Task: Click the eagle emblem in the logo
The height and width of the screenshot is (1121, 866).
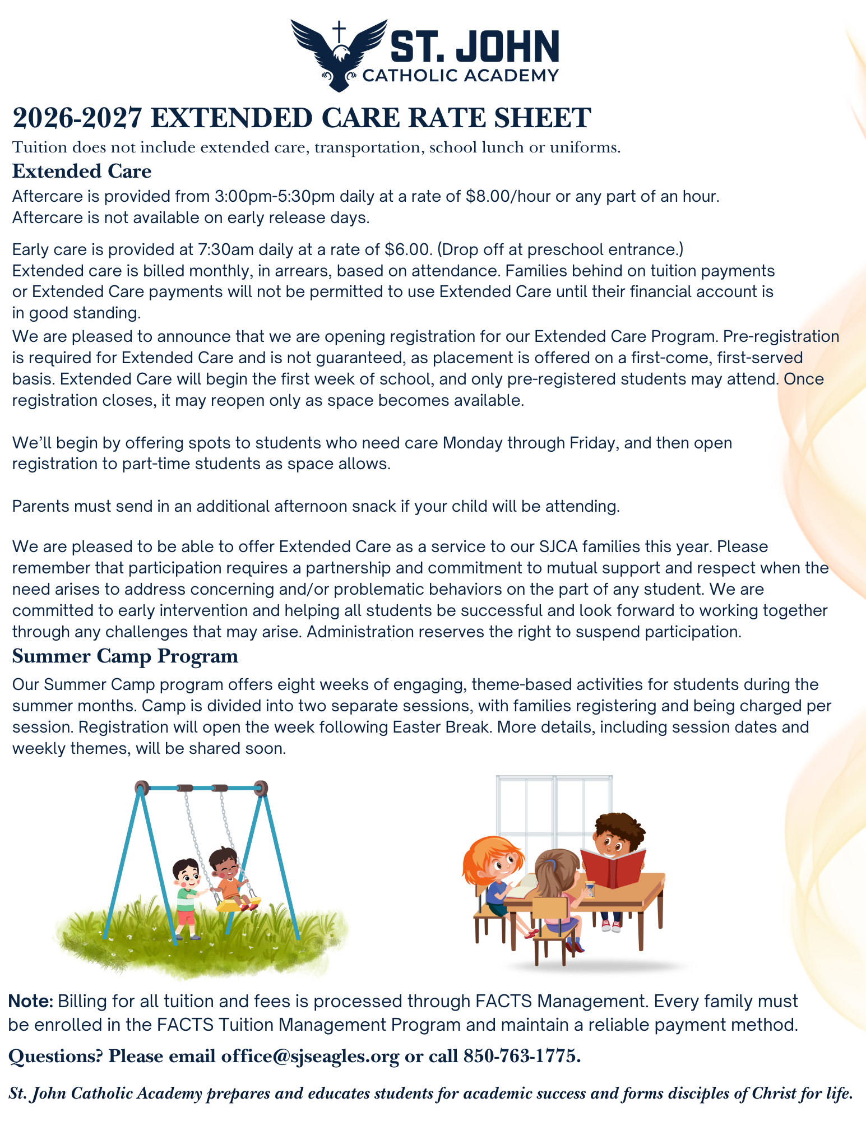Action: point(339,56)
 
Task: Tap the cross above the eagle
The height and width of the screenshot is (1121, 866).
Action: point(339,31)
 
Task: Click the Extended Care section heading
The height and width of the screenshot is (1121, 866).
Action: point(82,171)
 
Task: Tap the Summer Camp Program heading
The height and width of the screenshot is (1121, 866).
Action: point(125,656)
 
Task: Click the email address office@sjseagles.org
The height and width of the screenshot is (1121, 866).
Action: point(310,1056)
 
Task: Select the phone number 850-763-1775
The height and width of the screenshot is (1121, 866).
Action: point(521,1056)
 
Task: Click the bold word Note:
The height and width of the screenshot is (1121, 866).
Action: point(31,1001)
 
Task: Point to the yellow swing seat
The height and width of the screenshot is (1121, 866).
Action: point(239,903)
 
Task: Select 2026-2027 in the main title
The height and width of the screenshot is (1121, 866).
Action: point(77,118)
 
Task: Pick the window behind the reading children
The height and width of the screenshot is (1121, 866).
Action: point(554,807)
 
